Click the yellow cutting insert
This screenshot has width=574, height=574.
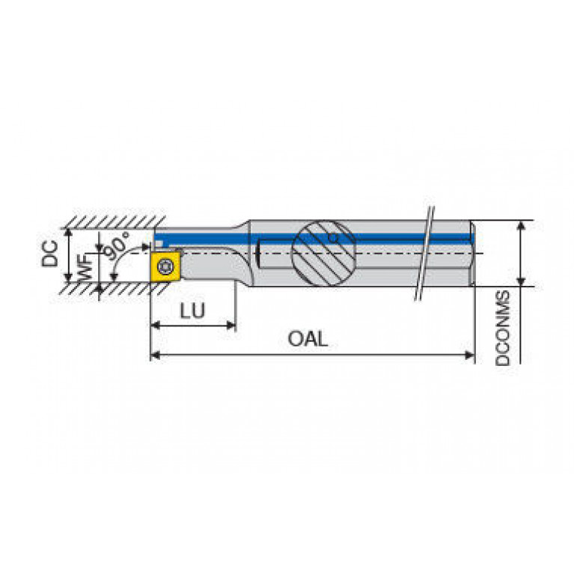click(x=165, y=266)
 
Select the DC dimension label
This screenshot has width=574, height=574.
click(x=50, y=253)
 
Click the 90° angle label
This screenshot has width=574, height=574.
click(x=117, y=245)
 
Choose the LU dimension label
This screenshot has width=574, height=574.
click(x=192, y=311)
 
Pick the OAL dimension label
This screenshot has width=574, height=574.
click(x=308, y=339)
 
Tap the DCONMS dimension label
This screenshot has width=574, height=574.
click(x=503, y=328)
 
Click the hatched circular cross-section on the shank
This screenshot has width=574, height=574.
click(x=323, y=253)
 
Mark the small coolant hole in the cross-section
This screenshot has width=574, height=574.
click(x=333, y=238)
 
